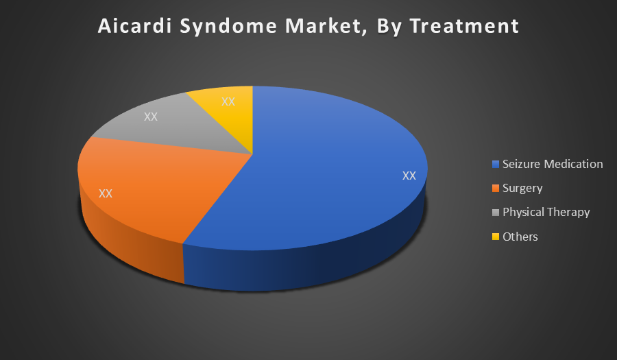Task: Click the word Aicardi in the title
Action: click(x=134, y=26)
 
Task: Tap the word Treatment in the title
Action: click(x=464, y=26)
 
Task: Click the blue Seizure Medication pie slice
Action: click(x=315, y=177)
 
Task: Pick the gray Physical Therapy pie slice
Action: click(x=177, y=126)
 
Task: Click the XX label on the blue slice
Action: click(x=409, y=176)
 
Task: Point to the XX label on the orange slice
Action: click(x=106, y=193)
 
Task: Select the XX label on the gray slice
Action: click(x=151, y=117)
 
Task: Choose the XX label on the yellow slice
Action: click(x=228, y=101)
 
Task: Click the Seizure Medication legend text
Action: click(x=553, y=164)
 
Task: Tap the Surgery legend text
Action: click(x=522, y=189)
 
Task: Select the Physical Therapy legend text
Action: click(x=546, y=213)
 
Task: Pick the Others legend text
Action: click(x=520, y=237)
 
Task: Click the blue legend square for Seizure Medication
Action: click(x=496, y=164)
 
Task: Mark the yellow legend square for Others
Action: click(x=496, y=237)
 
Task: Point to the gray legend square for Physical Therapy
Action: click(x=496, y=213)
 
